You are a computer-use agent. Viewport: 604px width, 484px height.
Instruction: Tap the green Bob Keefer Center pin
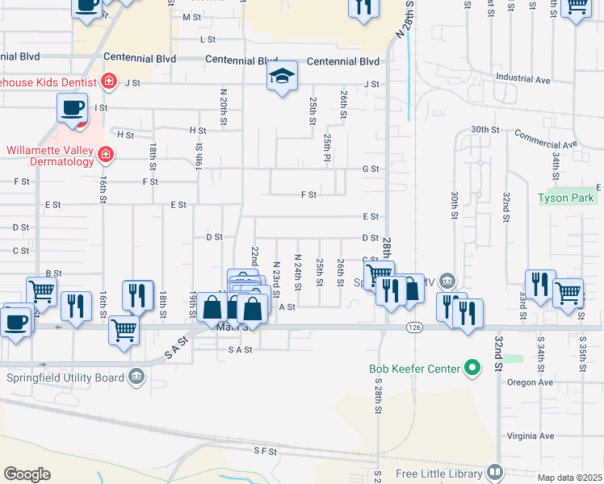pyautogui.click(x=472, y=370)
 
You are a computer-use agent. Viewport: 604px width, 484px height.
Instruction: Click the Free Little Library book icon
pyautogui.click(x=495, y=471)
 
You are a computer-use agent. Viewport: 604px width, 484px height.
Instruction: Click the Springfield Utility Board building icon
pyautogui.click(x=136, y=377)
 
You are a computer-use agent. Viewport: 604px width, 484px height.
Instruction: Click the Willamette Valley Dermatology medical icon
pyautogui.click(x=105, y=154)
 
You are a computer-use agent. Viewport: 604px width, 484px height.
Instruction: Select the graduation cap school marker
pyautogui.click(x=281, y=77)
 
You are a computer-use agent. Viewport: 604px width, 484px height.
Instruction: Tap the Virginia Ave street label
pyautogui.click(x=530, y=436)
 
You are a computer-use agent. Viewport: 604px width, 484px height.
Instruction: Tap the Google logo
pyautogui.click(x=27, y=474)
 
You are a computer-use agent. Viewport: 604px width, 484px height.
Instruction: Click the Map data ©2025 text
pyautogui.click(x=570, y=478)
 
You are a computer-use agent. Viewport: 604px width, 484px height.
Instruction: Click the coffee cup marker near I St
pyautogui.click(x=72, y=109)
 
